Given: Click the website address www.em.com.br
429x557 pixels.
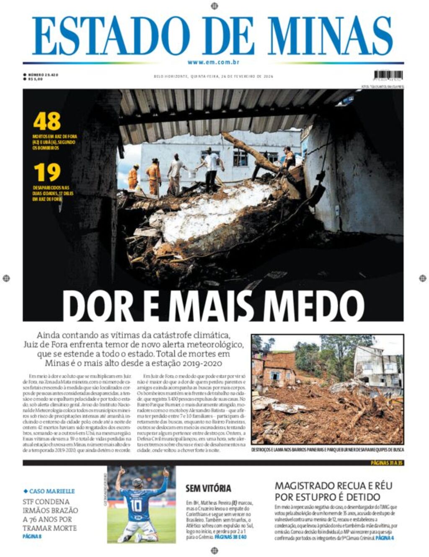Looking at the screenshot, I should click(x=213, y=62).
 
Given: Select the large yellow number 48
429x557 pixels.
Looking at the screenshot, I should click(x=47, y=121).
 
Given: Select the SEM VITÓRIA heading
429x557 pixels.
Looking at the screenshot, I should click(x=208, y=488).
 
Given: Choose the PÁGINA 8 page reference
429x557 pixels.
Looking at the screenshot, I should click(x=32, y=536).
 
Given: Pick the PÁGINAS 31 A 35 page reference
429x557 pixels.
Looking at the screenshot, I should click(x=386, y=463).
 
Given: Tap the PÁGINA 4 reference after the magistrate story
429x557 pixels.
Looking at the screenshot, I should click(x=385, y=538).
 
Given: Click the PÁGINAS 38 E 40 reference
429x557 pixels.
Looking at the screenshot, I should click(x=230, y=537).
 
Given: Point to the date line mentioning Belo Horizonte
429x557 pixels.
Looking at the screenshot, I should click(x=213, y=76).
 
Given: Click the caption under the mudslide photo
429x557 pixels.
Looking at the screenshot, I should click(x=328, y=449).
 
